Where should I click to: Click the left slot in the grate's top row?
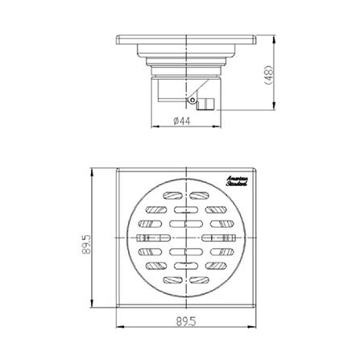click(172, 196)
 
